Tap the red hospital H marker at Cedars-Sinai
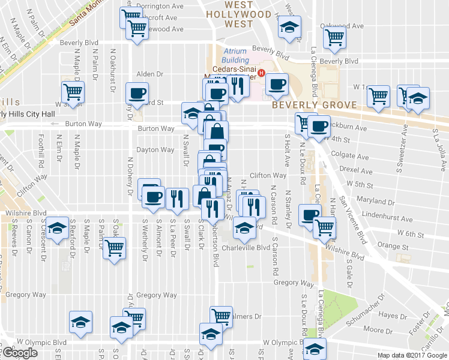(x=261, y=75)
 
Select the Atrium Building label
(x=235, y=56)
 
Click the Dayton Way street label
(x=155, y=150)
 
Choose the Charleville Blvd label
(x=246, y=248)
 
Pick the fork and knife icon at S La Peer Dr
(x=176, y=197)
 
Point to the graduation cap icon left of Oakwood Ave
(x=289, y=27)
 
